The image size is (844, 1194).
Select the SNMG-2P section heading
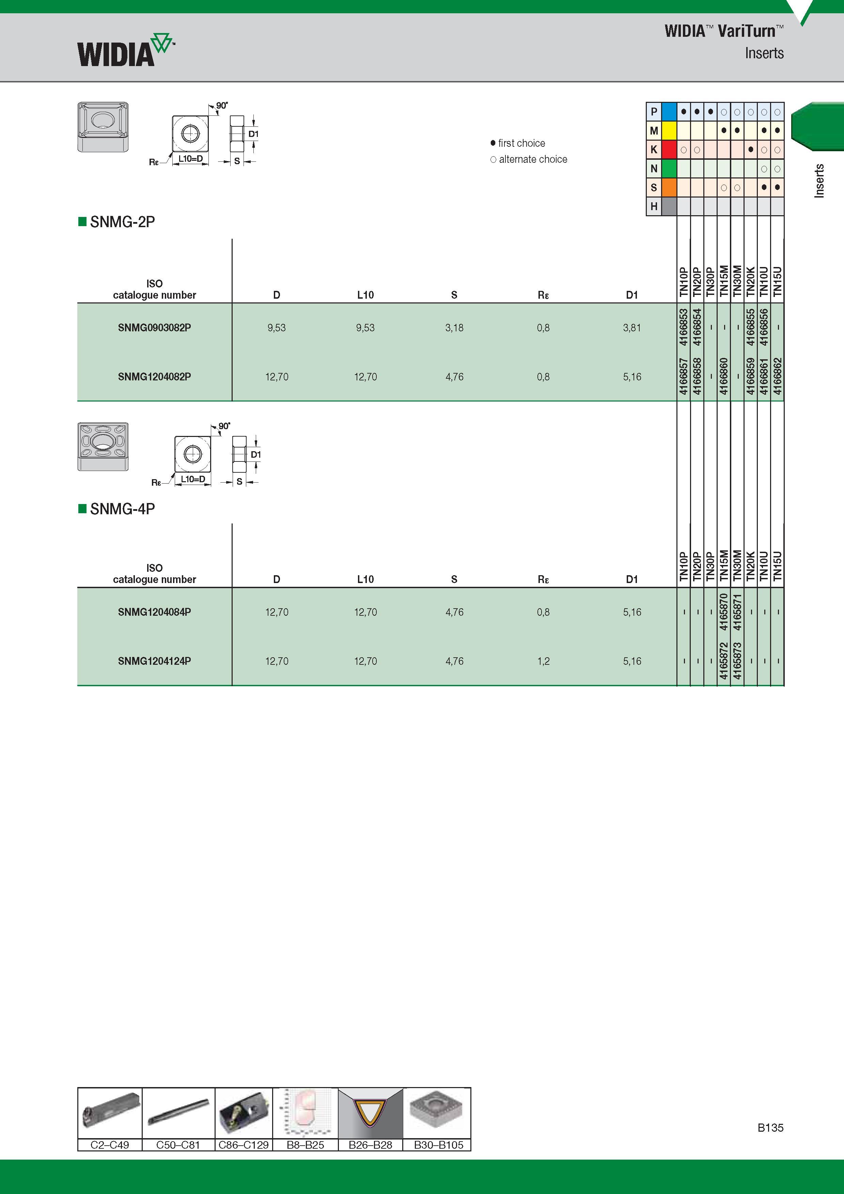(122, 222)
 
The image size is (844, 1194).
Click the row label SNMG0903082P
(154, 328)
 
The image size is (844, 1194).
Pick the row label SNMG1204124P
(154, 661)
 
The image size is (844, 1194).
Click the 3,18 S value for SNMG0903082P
(454, 328)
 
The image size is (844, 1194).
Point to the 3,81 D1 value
(632, 328)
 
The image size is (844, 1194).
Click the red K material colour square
(669, 150)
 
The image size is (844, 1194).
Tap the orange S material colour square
(669, 187)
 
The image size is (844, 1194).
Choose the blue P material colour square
(669, 111)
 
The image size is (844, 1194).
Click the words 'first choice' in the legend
(521, 143)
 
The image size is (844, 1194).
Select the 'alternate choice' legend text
(533, 159)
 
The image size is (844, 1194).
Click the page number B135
(770, 1128)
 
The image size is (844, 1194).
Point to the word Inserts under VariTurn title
(764, 53)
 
